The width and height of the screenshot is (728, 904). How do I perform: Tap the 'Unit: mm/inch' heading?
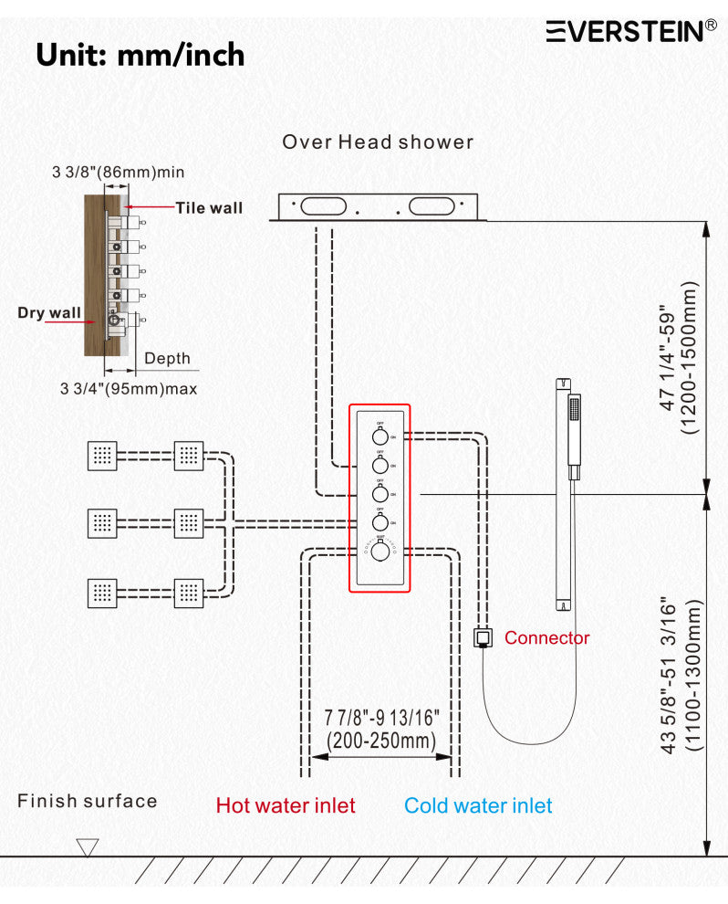point(140,55)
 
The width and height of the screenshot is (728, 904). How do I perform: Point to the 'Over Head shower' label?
point(378,142)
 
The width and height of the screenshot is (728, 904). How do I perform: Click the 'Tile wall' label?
point(210,208)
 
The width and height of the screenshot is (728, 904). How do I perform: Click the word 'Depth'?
point(168,358)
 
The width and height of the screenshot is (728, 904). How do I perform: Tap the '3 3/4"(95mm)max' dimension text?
point(129,388)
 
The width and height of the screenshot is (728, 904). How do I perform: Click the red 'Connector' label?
point(547,638)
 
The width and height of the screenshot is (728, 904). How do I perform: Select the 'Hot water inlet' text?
point(286,805)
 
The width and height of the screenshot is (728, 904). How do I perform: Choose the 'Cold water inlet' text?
point(478,805)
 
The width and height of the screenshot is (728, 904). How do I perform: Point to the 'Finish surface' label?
point(88,802)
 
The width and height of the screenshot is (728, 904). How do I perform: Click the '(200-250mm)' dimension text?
point(381,741)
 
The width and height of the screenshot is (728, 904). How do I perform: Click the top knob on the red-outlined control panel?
point(380,433)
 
